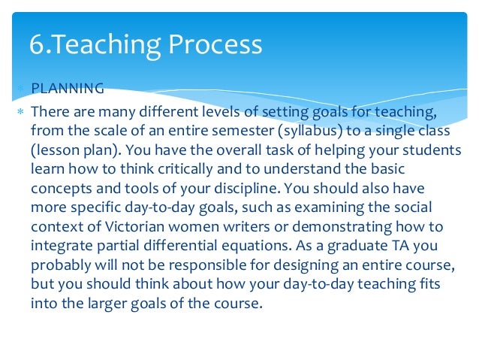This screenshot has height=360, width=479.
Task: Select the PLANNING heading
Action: (x=68, y=89)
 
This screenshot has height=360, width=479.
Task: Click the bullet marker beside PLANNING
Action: (x=21, y=89)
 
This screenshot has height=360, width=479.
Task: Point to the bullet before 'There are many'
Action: (x=21, y=112)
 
